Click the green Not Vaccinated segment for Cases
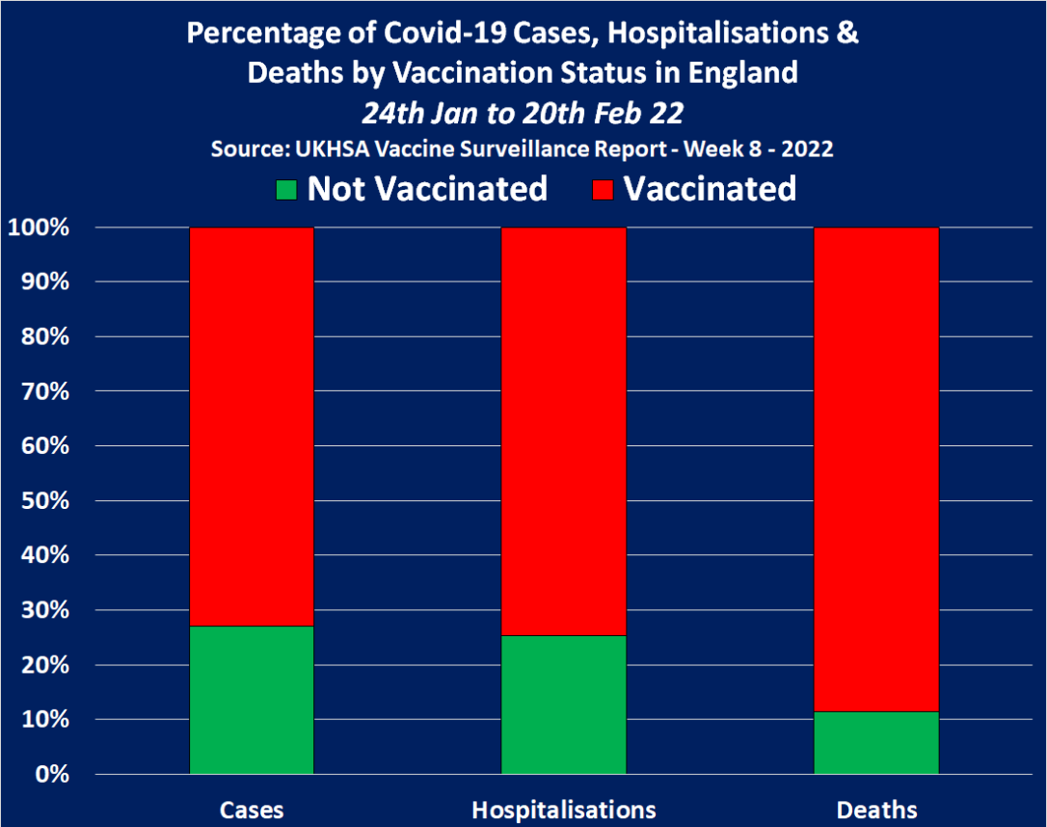(252, 700)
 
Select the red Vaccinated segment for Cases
(252, 426)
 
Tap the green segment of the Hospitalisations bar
(564, 705)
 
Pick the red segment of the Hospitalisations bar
(564, 431)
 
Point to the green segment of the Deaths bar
(876, 742)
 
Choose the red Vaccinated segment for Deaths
(876, 468)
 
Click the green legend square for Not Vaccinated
(285, 189)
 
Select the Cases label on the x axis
(252, 808)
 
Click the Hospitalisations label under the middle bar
(564, 808)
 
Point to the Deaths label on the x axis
(876, 808)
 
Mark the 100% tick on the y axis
(39, 228)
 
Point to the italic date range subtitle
(523, 113)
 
